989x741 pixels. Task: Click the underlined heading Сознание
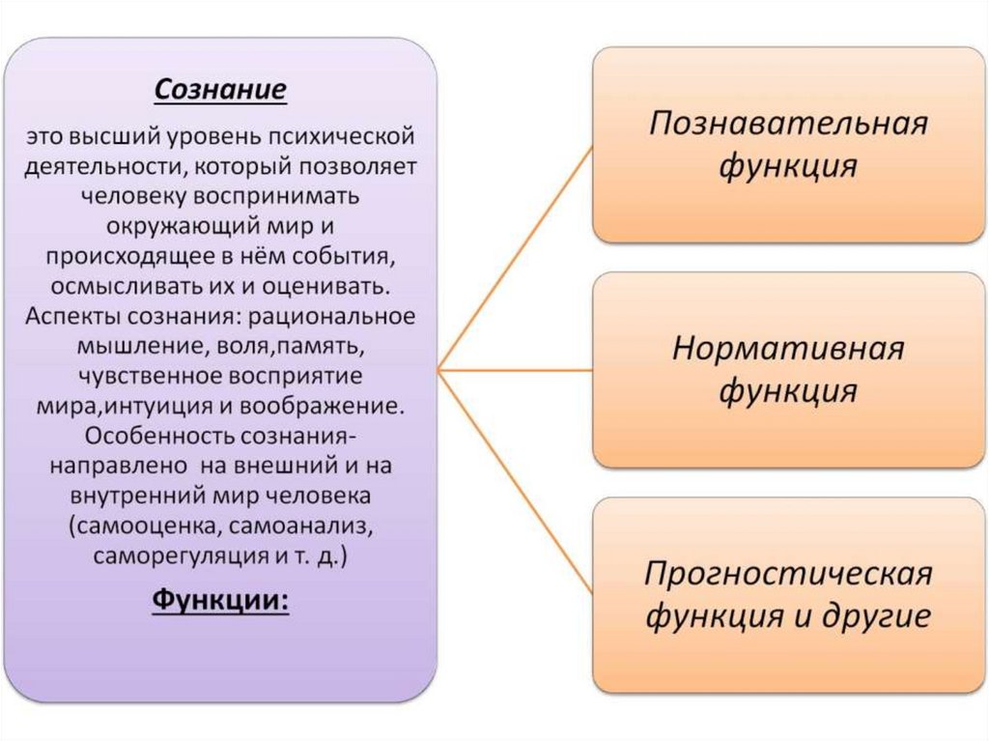[220, 90]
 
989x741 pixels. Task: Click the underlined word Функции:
[220, 600]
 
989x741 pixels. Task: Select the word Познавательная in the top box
[787, 126]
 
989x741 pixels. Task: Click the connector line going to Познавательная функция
[515, 260]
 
